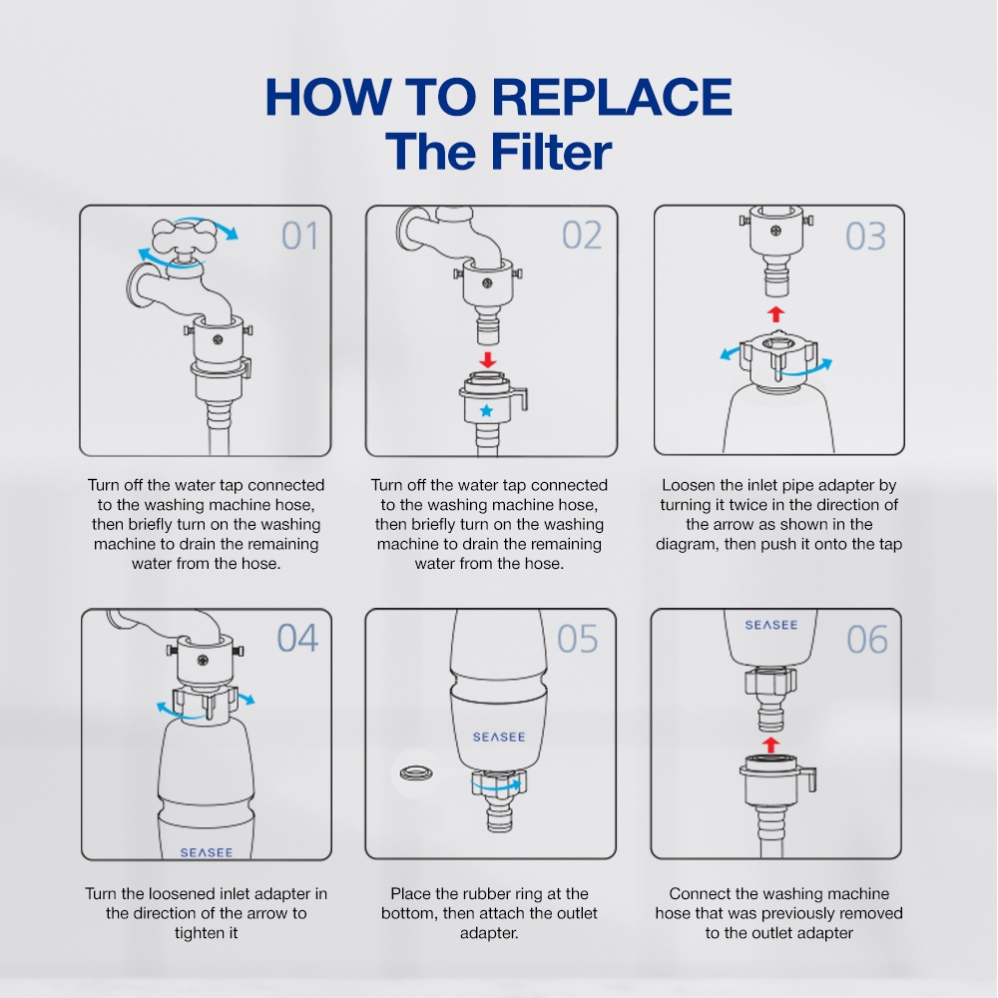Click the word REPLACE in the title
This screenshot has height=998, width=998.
[612, 97]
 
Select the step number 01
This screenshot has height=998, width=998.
[299, 237]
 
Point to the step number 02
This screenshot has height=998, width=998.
[582, 236]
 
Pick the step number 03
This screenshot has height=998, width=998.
[865, 237]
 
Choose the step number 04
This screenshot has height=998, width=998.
[297, 638]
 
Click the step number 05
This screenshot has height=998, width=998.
[577, 639]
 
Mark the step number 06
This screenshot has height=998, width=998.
[867, 640]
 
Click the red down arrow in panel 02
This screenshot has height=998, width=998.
[488, 359]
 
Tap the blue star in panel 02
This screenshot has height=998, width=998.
[486, 410]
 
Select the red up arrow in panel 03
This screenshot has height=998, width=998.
[775, 313]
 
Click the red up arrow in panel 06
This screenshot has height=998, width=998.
[770, 745]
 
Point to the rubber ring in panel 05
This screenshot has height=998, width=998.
[416, 774]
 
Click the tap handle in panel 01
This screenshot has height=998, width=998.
[186, 236]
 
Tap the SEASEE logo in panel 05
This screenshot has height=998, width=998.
[499, 738]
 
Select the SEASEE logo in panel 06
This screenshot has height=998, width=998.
[771, 625]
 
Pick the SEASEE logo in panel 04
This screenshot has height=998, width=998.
[207, 852]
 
